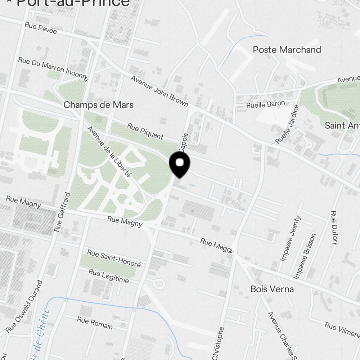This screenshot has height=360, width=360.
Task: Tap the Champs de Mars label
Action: coord(98,105)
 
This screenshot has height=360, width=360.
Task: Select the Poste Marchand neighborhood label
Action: coord(287,50)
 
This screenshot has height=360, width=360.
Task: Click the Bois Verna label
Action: coord(272,289)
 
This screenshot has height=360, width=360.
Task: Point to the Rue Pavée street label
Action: coord(41,28)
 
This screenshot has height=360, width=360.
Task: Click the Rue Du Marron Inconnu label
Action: coord(53,68)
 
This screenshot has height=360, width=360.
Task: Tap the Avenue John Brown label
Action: coord(159,91)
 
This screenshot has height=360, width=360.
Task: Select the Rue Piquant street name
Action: coord(145,131)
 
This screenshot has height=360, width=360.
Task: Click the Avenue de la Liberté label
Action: coord(109,151)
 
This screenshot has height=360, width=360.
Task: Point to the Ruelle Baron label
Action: coord(265,105)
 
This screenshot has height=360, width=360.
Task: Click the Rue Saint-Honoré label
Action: coord(114,258)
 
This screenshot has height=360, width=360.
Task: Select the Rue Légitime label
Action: coord(108,276)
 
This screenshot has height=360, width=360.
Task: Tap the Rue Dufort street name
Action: coord(333,228)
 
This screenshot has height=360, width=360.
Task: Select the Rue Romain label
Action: coord(95,323)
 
